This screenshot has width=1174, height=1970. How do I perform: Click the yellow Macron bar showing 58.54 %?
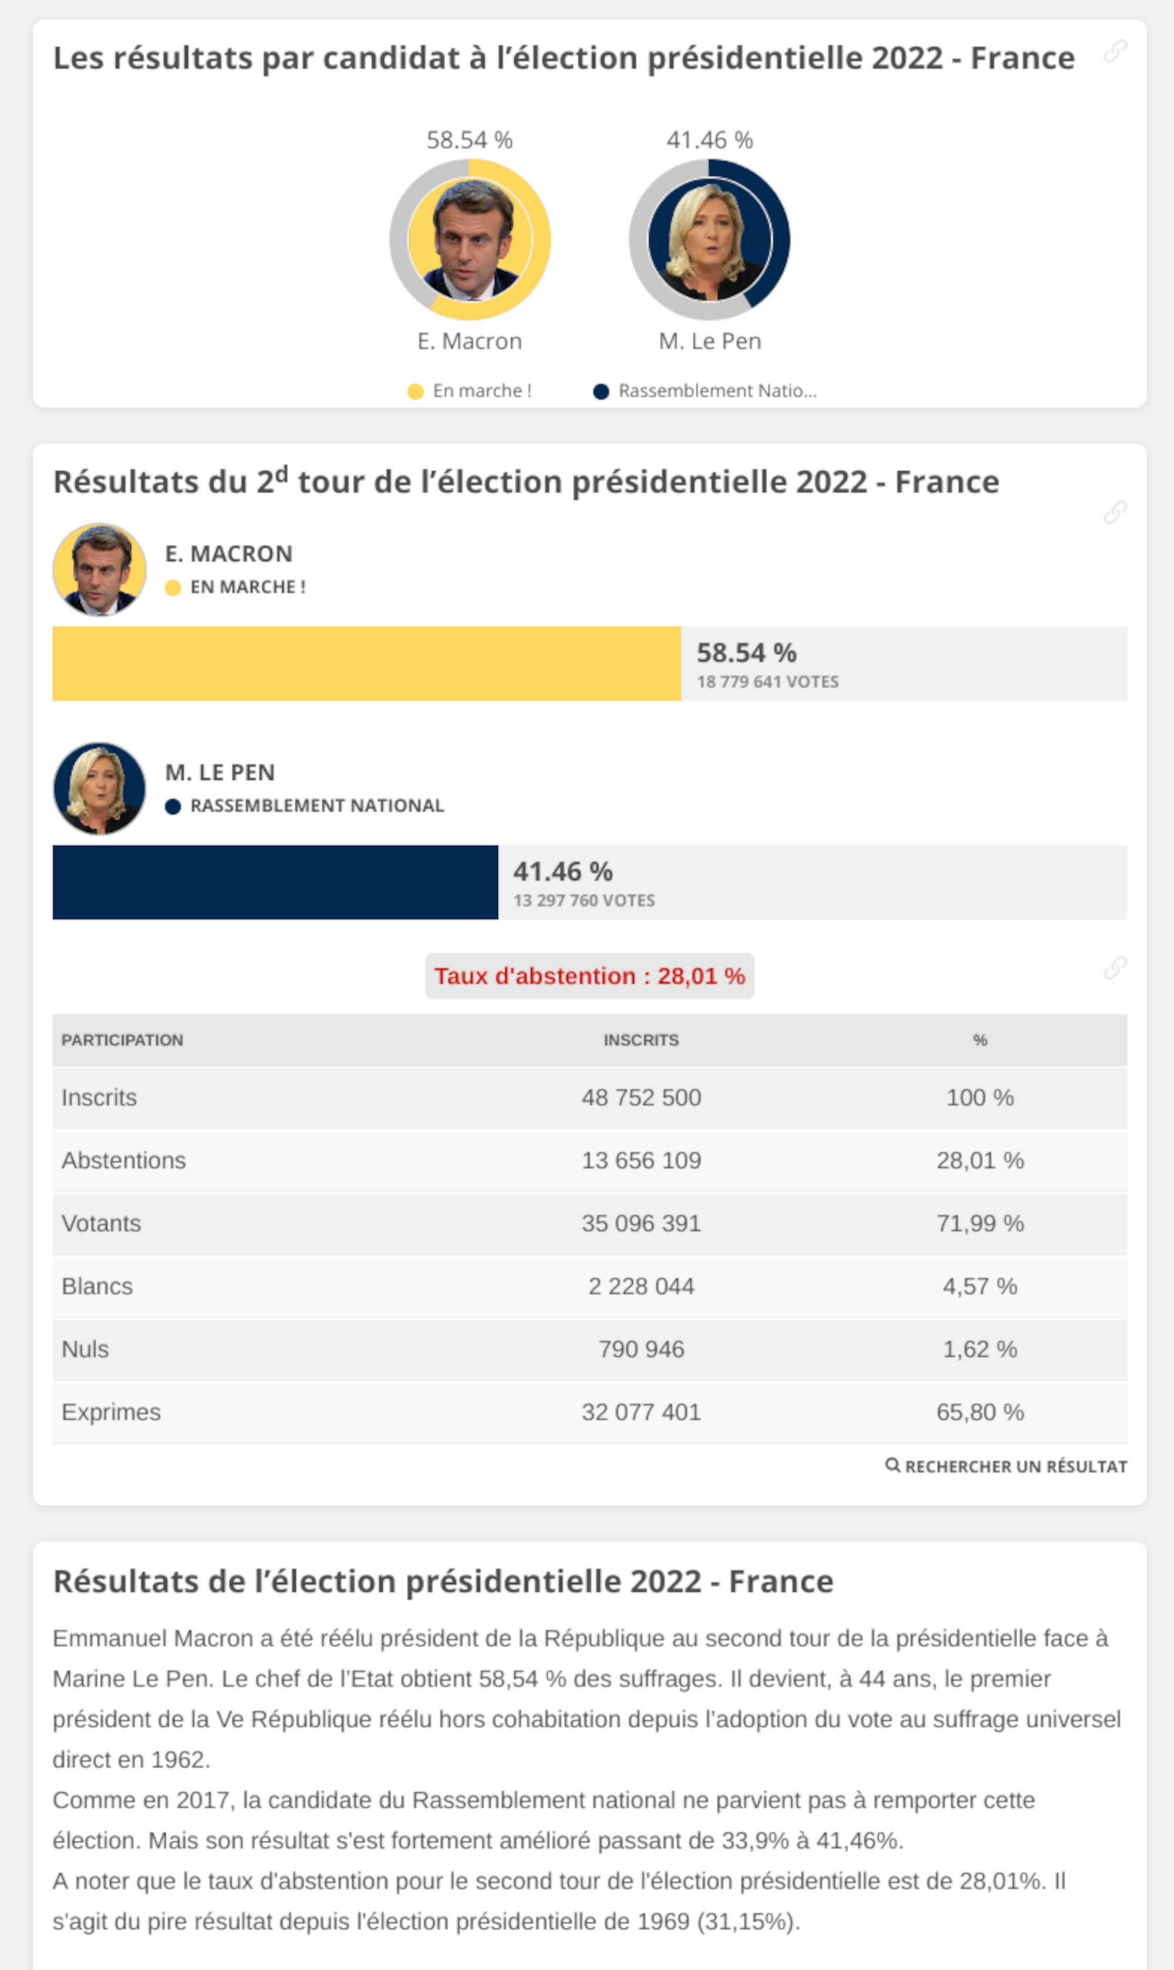point(366,663)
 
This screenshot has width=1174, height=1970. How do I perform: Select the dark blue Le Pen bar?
point(275,881)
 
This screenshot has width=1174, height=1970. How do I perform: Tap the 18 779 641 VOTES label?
point(767,681)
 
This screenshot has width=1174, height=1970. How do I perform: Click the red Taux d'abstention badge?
point(589,975)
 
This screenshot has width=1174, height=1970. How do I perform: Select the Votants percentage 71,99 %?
point(979,1223)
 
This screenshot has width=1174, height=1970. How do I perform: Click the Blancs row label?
point(97,1286)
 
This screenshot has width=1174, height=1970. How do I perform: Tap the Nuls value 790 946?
point(641,1349)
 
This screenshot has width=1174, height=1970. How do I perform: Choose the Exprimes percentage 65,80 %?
point(979,1412)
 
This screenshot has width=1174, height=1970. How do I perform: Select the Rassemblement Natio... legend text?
point(717,391)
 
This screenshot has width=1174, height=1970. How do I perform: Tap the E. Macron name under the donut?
point(469,341)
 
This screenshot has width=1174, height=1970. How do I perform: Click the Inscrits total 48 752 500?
point(641,1097)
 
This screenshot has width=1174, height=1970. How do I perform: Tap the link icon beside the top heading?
point(1115,52)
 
